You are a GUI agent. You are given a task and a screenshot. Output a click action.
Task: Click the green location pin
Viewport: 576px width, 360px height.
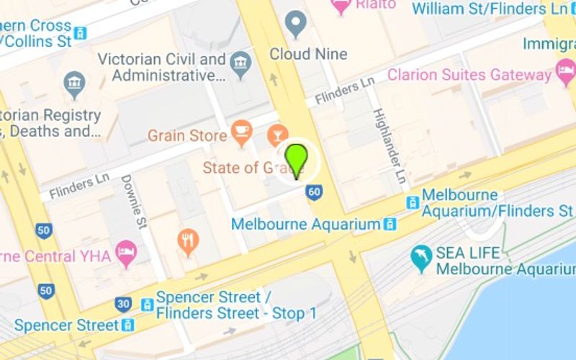tap(296, 159)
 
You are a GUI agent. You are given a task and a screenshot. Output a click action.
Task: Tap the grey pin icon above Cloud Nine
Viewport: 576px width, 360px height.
tap(296, 25)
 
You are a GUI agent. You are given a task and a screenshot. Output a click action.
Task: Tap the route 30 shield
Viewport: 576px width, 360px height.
tap(124, 305)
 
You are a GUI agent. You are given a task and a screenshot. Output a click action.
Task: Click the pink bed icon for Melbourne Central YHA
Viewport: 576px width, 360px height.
tap(127, 253)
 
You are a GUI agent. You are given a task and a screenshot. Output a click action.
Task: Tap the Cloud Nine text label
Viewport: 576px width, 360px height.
tap(308, 54)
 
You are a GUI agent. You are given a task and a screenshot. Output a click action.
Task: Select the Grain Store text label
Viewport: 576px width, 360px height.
tap(187, 135)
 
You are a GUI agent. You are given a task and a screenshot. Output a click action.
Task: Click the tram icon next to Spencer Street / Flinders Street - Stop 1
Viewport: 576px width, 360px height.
tap(147, 305)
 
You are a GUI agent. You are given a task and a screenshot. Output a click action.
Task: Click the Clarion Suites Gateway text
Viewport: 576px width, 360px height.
tap(469, 74)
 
